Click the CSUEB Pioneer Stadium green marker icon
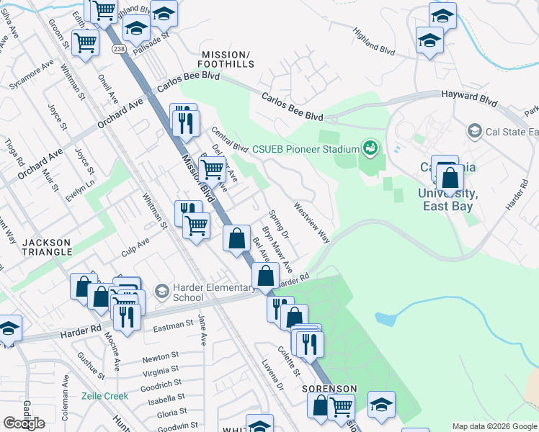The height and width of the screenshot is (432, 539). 370,149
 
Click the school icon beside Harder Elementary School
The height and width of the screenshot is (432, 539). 162,292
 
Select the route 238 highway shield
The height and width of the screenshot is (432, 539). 118,48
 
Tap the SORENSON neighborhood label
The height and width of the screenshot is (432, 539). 330,389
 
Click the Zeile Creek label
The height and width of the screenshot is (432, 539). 105,396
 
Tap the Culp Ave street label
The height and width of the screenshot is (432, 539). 135,246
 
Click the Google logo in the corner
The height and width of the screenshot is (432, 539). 24,423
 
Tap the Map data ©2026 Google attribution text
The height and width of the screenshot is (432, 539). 494,426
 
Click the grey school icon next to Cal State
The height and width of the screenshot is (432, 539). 474,131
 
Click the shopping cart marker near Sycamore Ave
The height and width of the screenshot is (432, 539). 85,42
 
